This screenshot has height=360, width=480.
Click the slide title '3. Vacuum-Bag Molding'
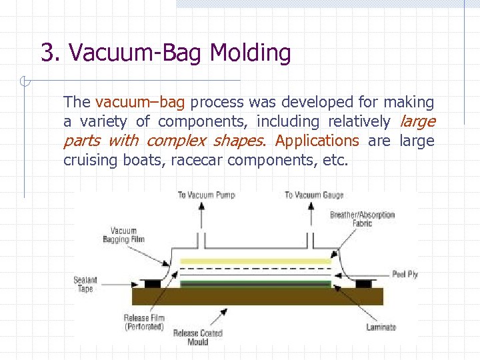coord(165,53)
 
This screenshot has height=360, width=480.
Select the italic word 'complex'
coord(176,141)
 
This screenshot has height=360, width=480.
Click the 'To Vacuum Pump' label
coord(206,195)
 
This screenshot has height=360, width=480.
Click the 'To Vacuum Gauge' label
coord(314,195)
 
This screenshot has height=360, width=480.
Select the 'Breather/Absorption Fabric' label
coord(362,219)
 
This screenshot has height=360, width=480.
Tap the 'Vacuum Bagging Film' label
coord(123,235)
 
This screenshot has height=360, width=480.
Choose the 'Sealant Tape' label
coord(85,285)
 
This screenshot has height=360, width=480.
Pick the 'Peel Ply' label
coord(405,274)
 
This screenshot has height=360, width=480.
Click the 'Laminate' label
coord(381,327)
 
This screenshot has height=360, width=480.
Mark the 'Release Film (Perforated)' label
coord(143,322)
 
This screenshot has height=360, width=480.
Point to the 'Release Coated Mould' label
coord(197,337)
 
